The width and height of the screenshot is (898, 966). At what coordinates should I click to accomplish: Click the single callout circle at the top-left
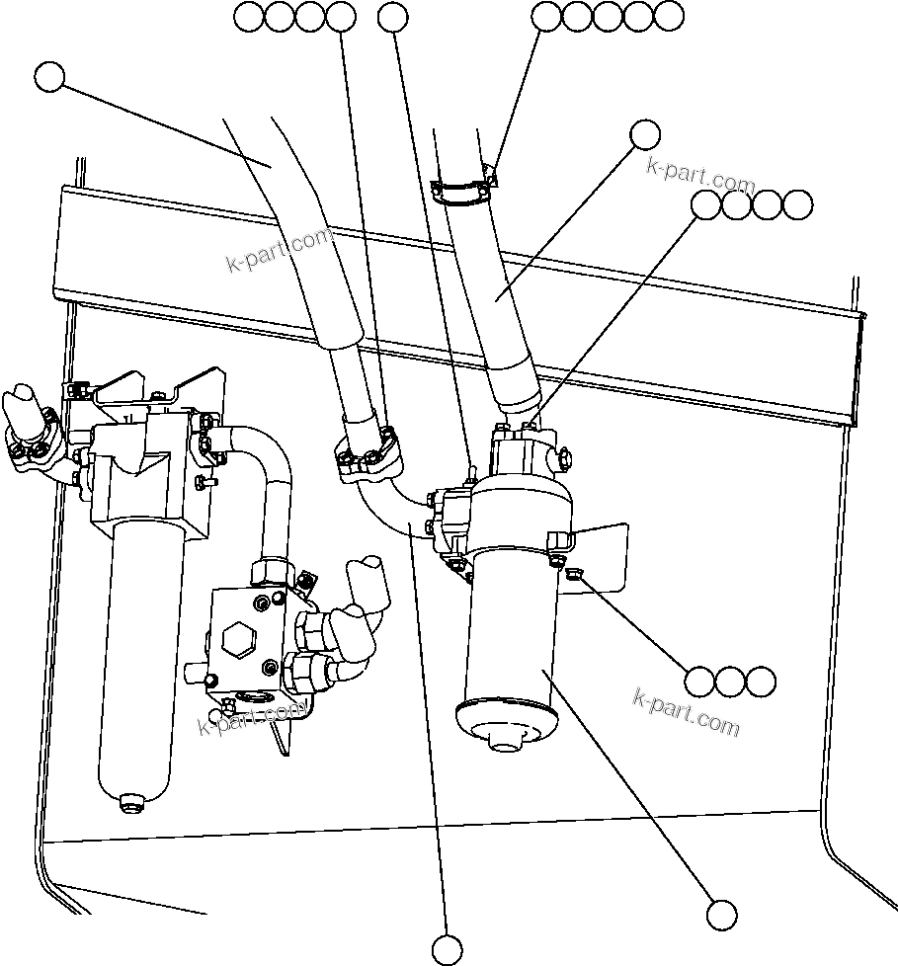(48, 77)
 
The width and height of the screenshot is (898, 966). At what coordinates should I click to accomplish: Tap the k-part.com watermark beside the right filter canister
(686, 713)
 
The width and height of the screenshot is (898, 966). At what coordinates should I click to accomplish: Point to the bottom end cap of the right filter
(504, 723)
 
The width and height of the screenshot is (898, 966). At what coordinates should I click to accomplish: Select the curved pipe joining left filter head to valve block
(267, 484)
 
